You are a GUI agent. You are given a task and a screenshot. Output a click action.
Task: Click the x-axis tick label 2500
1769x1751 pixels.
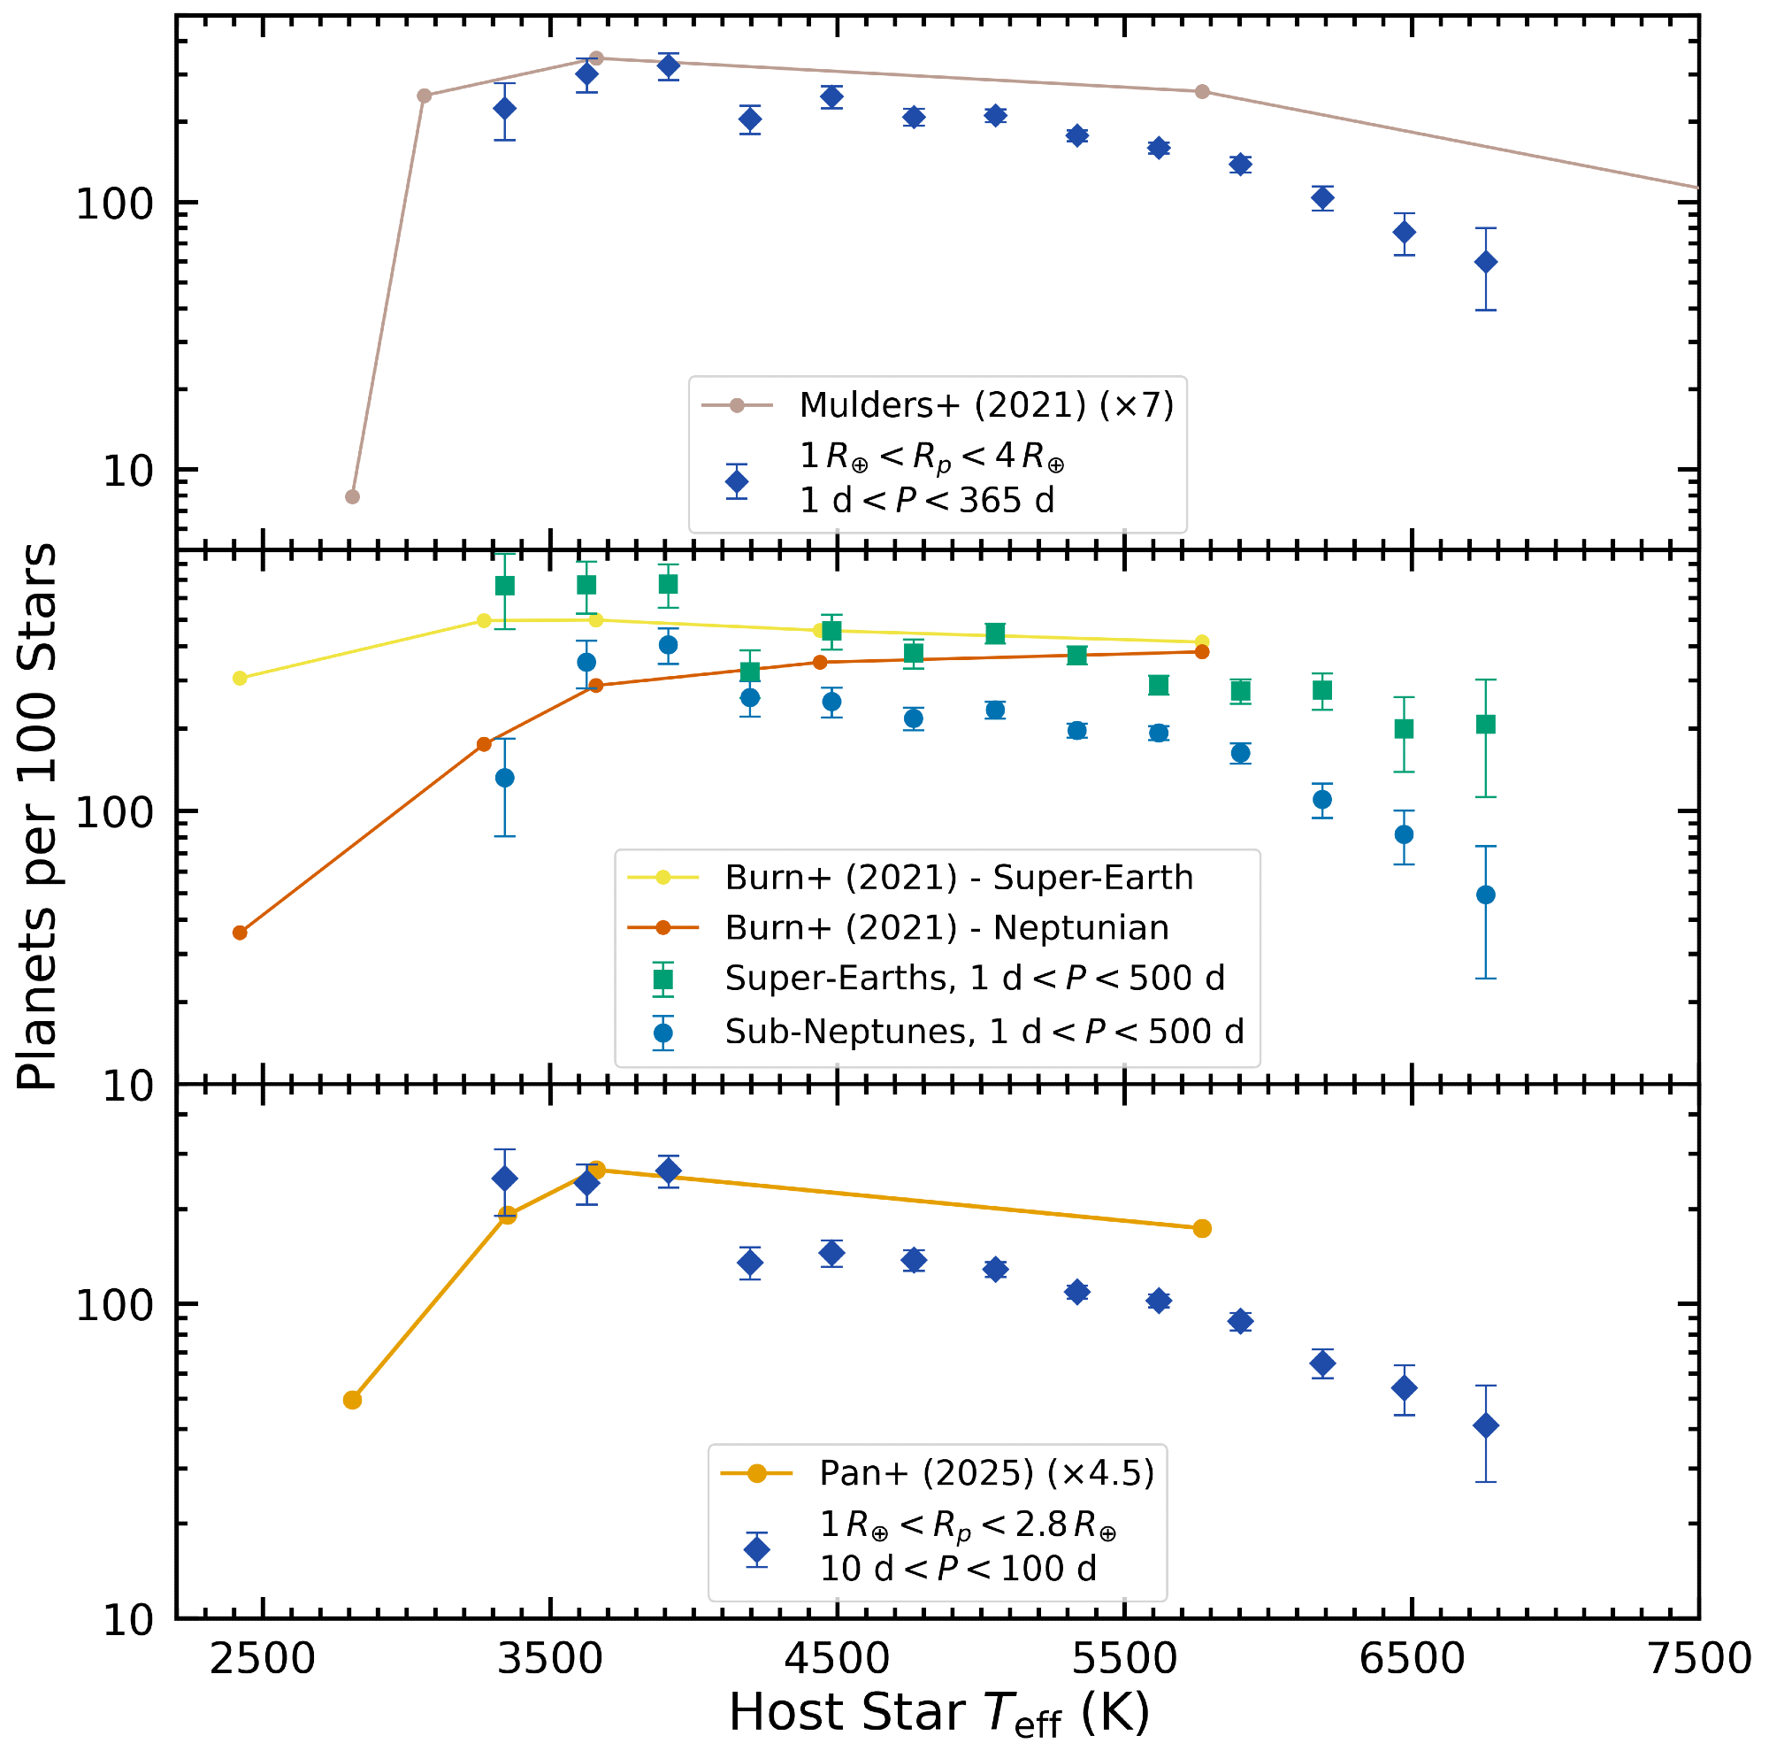pyautogui.click(x=262, y=1658)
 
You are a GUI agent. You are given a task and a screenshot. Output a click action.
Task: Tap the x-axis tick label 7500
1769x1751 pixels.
pyautogui.click(x=1698, y=1658)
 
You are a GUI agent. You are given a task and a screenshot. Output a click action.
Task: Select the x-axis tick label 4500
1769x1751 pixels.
pyautogui.click(x=837, y=1658)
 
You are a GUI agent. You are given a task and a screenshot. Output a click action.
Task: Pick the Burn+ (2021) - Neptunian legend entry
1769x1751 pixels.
pyautogui.click(x=946, y=927)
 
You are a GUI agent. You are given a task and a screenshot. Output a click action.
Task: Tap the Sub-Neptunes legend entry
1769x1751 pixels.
pyautogui.click(x=984, y=1031)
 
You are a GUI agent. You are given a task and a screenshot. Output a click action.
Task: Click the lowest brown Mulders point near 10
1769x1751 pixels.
pyautogui.click(x=353, y=496)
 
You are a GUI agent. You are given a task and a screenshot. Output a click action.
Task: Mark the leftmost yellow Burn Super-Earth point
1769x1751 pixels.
pyautogui.click(x=240, y=678)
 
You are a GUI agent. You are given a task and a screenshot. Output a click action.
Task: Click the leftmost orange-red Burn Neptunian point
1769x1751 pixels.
pyautogui.click(x=240, y=933)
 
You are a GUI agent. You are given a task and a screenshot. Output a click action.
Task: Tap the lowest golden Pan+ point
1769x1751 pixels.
pyautogui.click(x=353, y=1400)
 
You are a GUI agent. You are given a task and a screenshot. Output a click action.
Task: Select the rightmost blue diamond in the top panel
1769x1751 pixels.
pyautogui.click(x=1486, y=263)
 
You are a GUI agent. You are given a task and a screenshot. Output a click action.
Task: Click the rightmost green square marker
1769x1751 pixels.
pyautogui.click(x=1486, y=725)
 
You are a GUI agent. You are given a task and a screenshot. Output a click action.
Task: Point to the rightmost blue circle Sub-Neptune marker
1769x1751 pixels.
pyautogui.click(x=1486, y=895)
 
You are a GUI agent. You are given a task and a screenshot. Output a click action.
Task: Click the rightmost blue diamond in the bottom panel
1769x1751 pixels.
pyautogui.click(x=1486, y=1425)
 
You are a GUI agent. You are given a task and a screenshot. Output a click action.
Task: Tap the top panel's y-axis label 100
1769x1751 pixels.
pyautogui.click(x=113, y=204)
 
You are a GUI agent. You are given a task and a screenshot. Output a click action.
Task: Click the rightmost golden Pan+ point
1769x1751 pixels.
pyautogui.click(x=1202, y=1228)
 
